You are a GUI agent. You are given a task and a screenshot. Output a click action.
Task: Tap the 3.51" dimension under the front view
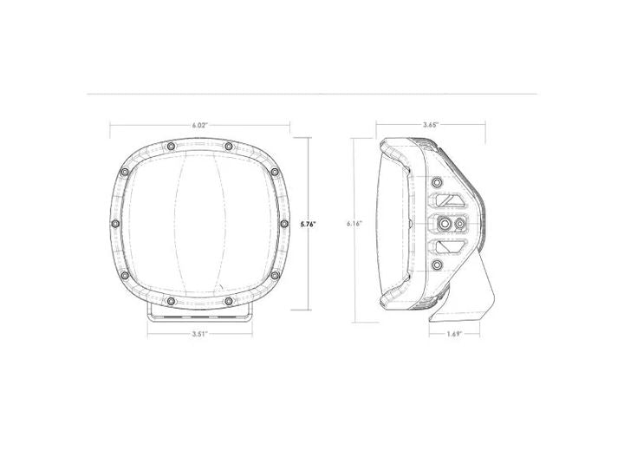pyautogui.click(x=200, y=332)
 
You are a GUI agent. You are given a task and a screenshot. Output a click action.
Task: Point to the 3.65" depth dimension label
pyautogui.click(x=430, y=125)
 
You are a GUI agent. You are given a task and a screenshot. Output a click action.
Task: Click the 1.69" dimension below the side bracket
pyautogui.click(x=455, y=332)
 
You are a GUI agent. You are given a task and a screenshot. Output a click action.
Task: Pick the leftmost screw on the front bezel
pyautogui.click(x=117, y=224)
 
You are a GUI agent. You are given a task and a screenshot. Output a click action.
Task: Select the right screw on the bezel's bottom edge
pyautogui.click(x=228, y=300)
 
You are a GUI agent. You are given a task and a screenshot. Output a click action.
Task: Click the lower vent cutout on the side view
pyautogui.click(x=448, y=247)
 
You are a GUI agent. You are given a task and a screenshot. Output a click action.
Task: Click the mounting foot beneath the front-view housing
pyautogui.click(x=200, y=311)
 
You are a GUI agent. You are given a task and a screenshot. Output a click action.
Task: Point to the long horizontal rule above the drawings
pyautogui.click(x=312, y=92)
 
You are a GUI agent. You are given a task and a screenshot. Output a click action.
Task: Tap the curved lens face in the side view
pyautogui.click(x=387, y=224)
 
